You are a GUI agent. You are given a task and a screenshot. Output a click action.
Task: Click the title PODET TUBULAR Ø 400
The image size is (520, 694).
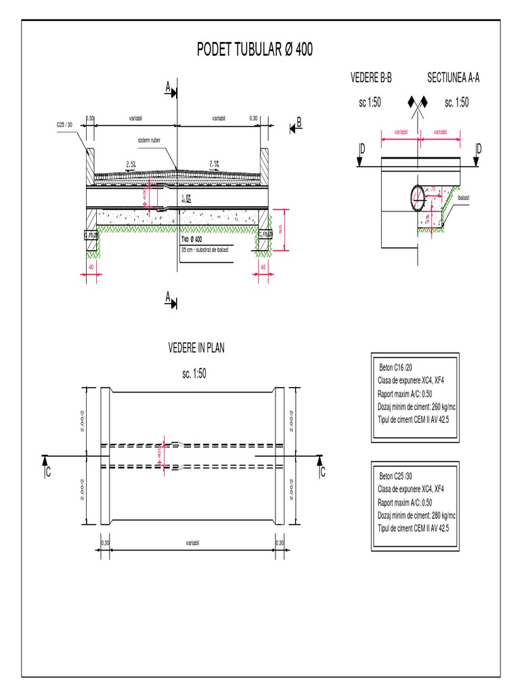pos(255,51)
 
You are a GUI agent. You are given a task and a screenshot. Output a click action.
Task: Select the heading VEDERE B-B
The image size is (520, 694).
pos(371,78)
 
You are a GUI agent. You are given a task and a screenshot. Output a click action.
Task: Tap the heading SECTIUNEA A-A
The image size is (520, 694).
pos(453,78)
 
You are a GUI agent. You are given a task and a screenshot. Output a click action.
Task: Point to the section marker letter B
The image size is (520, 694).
pos(298,123)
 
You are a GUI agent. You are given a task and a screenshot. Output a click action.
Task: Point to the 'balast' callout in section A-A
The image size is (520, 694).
pos(464,198)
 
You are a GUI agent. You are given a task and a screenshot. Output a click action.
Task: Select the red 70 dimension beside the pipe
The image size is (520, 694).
pos(433,192)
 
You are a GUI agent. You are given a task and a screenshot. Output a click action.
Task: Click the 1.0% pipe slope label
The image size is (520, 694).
pos(189,198)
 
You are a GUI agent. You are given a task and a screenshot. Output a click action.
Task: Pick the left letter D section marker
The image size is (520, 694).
pos(362,148)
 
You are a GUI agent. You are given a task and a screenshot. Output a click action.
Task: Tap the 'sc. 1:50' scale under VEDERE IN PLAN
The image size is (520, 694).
pos(196,374)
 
